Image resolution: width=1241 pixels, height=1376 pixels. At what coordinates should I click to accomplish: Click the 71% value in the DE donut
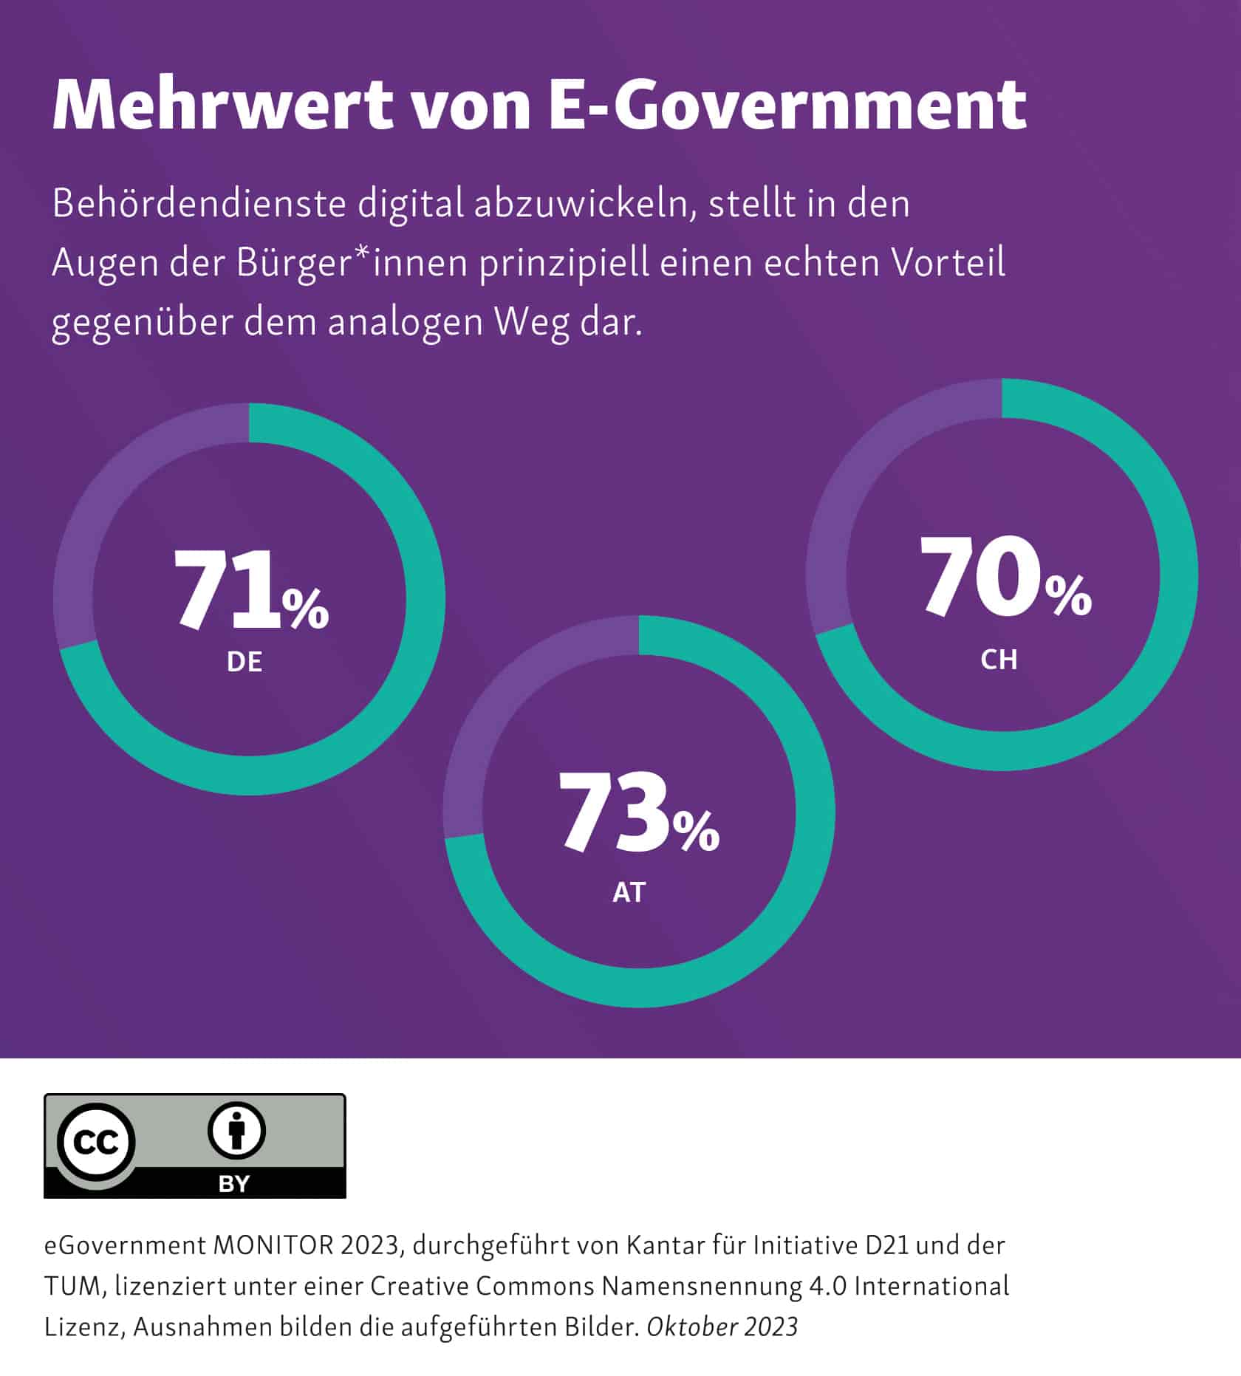(x=250, y=592)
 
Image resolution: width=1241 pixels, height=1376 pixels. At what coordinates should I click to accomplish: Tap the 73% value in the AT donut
(x=638, y=813)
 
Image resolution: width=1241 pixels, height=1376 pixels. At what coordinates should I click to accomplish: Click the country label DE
(x=245, y=663)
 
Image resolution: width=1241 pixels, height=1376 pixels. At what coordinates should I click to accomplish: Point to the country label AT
(x=629, y=893)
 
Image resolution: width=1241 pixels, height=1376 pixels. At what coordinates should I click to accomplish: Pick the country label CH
(x=999, y=660)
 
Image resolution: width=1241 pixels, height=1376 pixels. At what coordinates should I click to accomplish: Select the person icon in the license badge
(x=236, y=1132)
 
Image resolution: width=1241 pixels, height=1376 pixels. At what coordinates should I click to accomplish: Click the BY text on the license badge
(x=234, y=1184)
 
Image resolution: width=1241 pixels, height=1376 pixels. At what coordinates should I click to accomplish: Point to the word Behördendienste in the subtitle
(x=199, y=205)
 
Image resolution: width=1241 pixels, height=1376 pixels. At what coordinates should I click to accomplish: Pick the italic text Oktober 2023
(x=722, y=1327)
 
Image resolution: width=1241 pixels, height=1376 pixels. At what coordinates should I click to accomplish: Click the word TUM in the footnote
(x=76, y=1287)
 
